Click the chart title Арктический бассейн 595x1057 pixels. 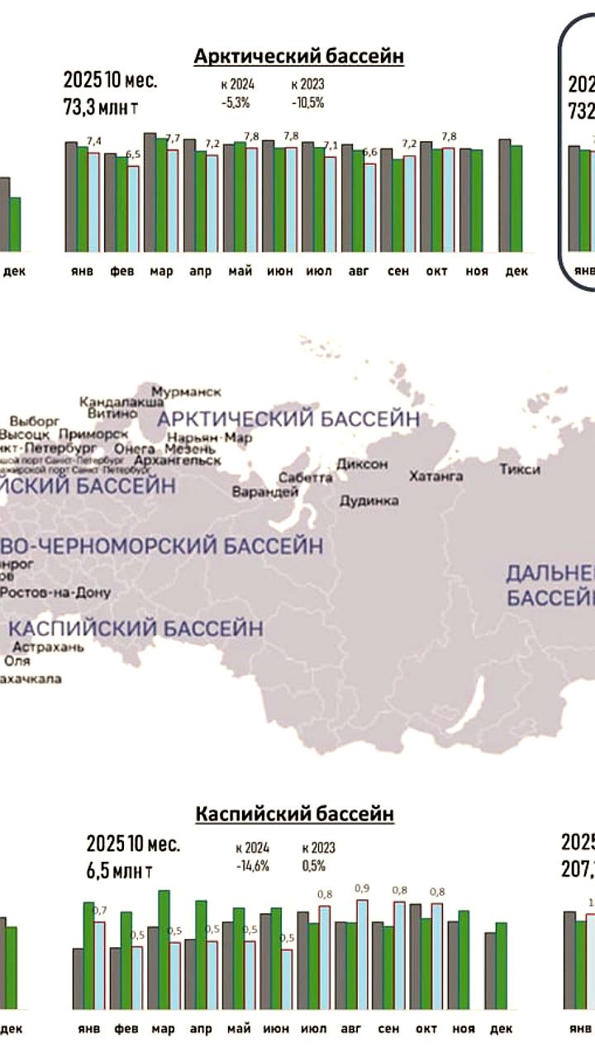point(298,56)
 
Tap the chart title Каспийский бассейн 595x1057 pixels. point(295,814)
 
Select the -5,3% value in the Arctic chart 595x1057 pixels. point(236,103)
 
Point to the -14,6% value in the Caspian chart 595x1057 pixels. point(246,866)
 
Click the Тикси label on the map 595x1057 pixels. point(520,469)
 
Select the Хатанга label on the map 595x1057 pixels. point(435,476)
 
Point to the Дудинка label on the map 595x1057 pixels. point(369,500)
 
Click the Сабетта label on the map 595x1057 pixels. point(306,477)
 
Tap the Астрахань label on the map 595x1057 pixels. point(48,647)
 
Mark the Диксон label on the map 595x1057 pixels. point(362,464)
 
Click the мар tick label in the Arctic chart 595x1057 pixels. point(162,272)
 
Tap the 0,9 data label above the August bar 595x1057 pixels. point(362,888)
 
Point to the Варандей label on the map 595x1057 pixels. point(265,492)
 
